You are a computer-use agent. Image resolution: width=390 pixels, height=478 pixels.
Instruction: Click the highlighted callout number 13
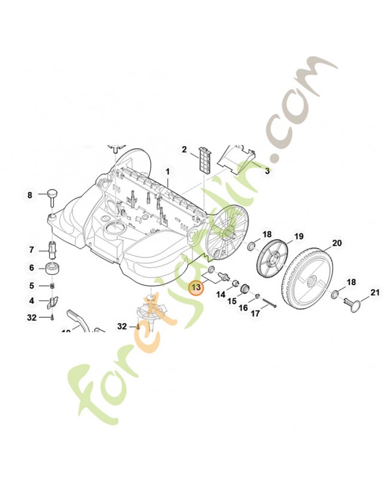coord(196,287)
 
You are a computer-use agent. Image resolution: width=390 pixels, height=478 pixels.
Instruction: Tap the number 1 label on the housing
coord(167,171)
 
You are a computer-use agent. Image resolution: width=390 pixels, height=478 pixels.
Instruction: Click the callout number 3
coord(267,171)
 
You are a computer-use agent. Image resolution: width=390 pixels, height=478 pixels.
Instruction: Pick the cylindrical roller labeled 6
coord(52,268)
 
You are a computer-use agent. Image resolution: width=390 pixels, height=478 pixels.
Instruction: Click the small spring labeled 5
coord(53,286)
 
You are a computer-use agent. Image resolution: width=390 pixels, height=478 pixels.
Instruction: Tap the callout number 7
coord(32,250)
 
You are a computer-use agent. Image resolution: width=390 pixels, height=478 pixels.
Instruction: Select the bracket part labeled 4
coord(53,302)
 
